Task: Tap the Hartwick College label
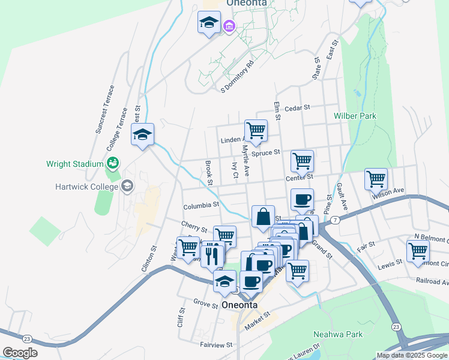coord(85,186)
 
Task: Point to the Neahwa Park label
coord(337,334)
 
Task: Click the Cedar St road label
coord(297,108)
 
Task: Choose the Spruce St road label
coord(266,153)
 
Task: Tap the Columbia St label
coord(200,205)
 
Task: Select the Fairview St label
coord(216,345)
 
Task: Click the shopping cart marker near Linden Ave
coord(256,130)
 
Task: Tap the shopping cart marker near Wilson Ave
coord(376,178)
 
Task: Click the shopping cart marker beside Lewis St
coord(418,250)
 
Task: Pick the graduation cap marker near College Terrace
coord(143,134)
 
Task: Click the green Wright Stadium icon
coord(112,163)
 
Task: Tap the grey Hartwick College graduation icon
coord(127,186)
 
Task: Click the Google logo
coord(20,353)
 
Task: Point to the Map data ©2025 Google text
coord(411,355)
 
